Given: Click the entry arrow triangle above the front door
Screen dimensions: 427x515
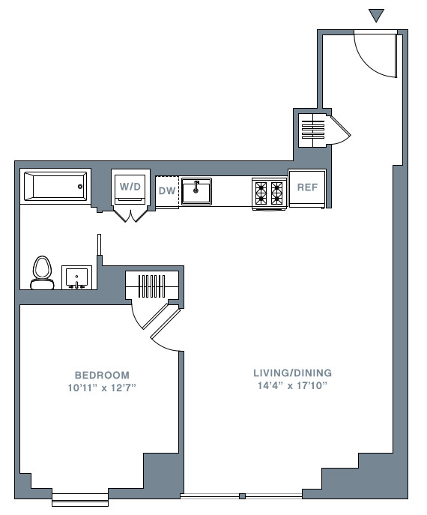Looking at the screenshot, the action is (376, 15).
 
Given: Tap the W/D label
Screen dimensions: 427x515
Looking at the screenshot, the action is (130, 187).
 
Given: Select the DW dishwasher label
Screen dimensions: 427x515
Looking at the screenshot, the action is (167, 191).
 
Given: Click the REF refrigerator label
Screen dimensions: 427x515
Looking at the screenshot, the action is (307, 187).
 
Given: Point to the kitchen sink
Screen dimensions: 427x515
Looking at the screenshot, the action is (196, 191).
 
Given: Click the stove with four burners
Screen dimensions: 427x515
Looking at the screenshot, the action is (269, 193).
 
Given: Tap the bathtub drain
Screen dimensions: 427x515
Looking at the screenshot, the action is (80, 187).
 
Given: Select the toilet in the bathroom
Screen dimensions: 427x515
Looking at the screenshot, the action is (43, 273).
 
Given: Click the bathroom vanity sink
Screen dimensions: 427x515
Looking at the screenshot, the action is (77, 277).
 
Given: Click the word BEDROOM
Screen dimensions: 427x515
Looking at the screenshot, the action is (102, 375).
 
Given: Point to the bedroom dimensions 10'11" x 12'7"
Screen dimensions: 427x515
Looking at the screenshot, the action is (102, 388).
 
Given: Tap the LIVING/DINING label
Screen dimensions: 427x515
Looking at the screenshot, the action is (292, 373).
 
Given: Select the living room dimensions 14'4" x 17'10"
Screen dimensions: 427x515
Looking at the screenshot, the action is (292, 385).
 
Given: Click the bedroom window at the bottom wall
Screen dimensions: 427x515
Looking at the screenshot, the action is (80, 499).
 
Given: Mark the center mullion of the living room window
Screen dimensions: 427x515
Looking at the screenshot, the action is (242, 496).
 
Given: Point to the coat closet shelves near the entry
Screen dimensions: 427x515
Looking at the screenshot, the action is (313, 130).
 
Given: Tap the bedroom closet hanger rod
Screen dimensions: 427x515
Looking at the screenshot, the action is (151, 286).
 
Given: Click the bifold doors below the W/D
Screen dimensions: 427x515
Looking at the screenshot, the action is (130, 215).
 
